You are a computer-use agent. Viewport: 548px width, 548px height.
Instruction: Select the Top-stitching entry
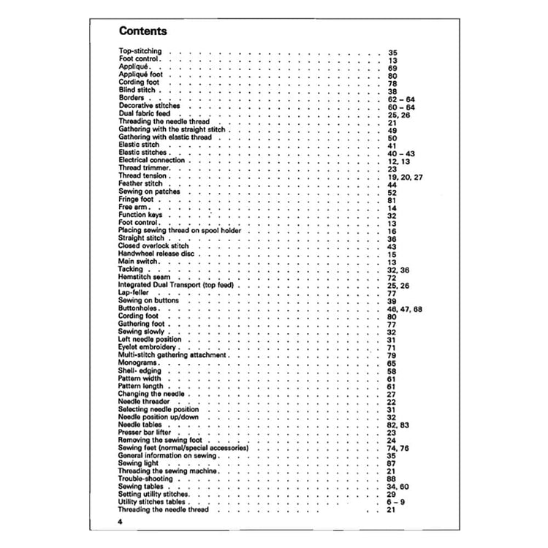click(x=140, y=53)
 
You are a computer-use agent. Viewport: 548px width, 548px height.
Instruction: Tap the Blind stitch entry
click(x=136, y=91)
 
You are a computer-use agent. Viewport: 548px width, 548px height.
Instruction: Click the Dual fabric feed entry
click(x=143, y=113)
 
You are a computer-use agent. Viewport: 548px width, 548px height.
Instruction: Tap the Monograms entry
click(x=137, y=363)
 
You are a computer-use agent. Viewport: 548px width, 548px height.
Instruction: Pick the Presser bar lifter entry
click(x=145, y=432)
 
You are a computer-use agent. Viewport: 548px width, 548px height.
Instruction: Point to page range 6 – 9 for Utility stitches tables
click(x=395, y=502)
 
